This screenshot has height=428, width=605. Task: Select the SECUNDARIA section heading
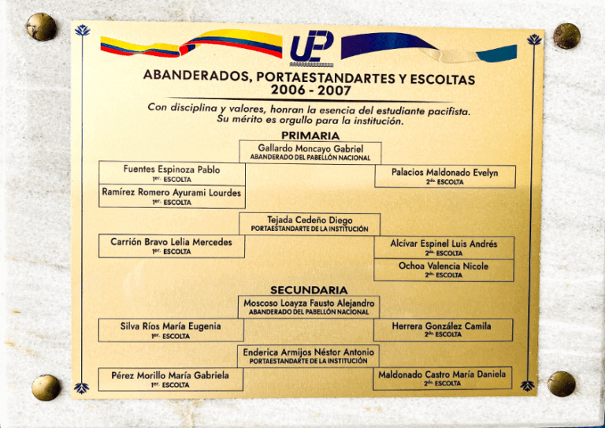pyautogui.click(x=309, y=289)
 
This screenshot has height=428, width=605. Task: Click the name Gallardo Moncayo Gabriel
pyautogui.click(x=309, y=147)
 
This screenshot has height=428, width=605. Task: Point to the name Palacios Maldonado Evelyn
pyautogui.click(x=445, y=173)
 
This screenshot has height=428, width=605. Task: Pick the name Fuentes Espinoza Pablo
pyautogui.click(x=172, y=169)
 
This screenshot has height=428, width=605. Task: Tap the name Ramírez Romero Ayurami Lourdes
pyautogui.click(x=172, y=192)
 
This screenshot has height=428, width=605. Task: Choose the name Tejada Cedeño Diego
pyautogui.click(x=309, y=220)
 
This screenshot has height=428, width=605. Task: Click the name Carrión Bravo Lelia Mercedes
pyautogui.click(x=171, y=242)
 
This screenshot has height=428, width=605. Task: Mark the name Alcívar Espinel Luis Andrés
pyautogui.click(x=444, y=244)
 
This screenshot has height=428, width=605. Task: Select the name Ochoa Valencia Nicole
pyautogui.click(x=444, y=266)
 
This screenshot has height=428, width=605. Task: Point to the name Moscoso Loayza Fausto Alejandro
pyautogui.click(x=309, y=303)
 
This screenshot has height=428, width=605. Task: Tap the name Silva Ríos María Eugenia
pyautogui.click(x=170, y=326)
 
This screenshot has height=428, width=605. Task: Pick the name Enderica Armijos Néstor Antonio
pyautogui.click(x=309, y=352)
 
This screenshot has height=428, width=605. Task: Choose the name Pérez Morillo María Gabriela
pyautogui.click(x=170, y=375)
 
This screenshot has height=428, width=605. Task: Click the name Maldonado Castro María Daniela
pyautogui.click(x=442, y=374)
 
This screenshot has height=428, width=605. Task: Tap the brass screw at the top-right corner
pyautogui.click(x=566, y=35)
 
